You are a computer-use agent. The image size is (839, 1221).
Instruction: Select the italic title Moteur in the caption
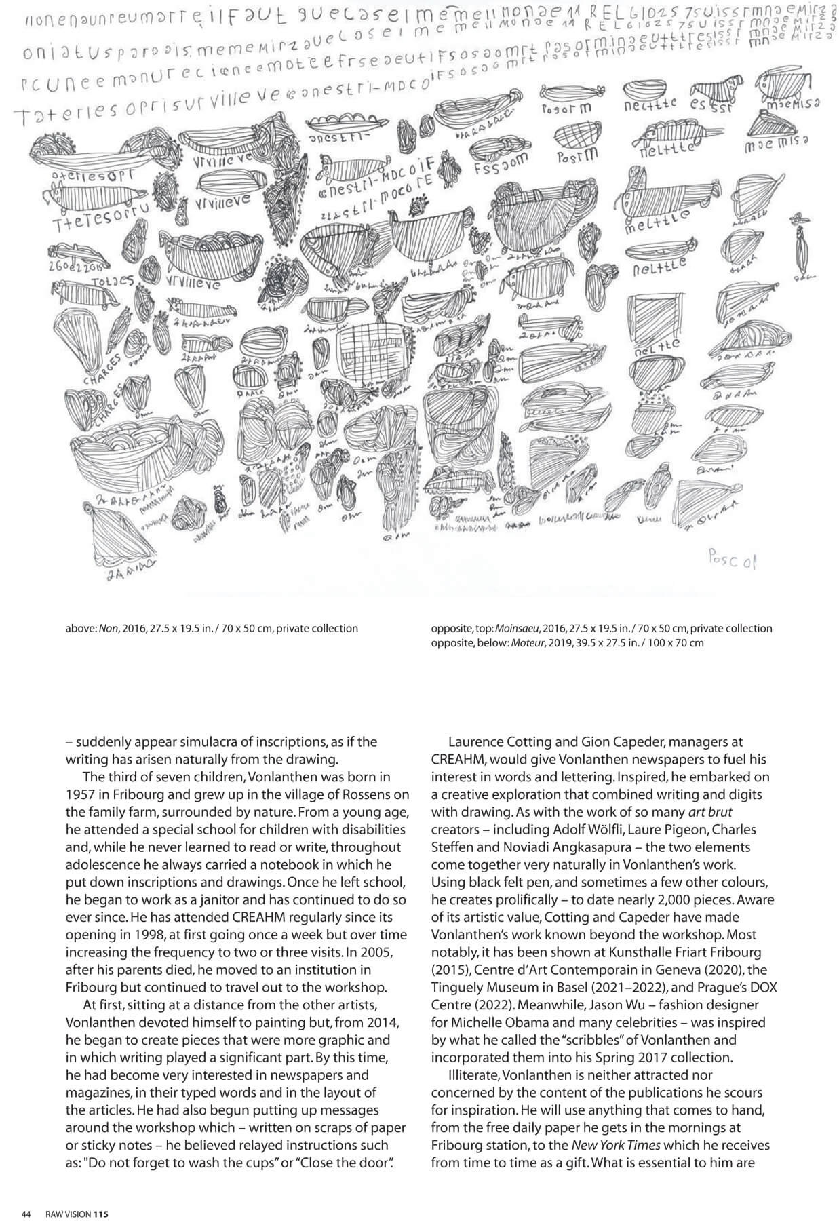point(528,642)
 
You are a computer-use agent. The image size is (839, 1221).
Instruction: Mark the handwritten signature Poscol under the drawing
point(731,561)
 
